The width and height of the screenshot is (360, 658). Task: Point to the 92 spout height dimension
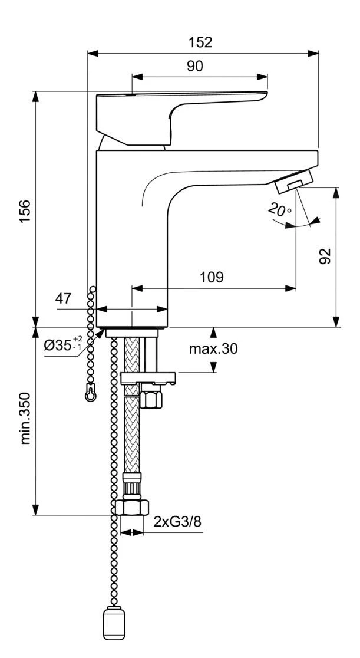(324, 256)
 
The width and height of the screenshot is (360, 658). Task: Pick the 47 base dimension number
(64, 299)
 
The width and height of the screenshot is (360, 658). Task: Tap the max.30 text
(213, 349)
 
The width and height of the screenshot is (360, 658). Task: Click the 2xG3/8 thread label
(174, 521)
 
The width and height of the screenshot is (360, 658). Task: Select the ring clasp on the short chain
(90, 392)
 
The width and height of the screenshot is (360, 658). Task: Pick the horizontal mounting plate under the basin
(148, 377)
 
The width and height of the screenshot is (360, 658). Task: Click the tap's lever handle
(177, 112)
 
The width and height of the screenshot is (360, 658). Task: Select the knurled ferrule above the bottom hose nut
(132, 486)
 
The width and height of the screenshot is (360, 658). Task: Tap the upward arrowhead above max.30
(213, 331)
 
